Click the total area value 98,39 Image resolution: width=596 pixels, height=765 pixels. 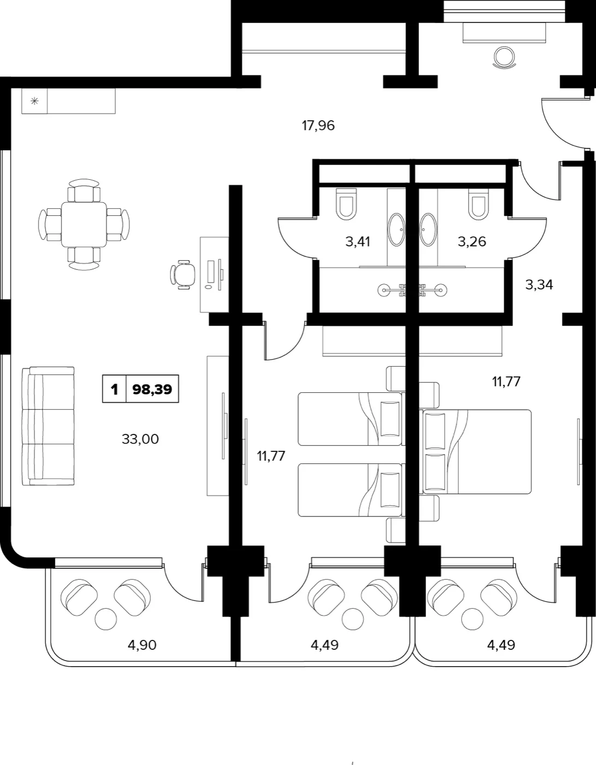152,390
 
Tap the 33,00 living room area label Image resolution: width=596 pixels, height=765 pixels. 140,439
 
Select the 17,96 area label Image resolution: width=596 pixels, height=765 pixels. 318,126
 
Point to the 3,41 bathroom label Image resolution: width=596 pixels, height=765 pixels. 357,242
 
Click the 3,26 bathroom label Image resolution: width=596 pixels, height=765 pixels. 472,242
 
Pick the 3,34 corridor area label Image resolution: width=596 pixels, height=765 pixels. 539,285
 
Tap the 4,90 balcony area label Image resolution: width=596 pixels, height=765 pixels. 142,645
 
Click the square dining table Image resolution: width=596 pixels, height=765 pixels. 84,225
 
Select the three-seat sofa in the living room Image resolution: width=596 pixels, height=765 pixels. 48,426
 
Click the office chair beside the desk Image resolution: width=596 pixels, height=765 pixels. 182,275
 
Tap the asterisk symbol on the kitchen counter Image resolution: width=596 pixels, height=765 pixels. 34,102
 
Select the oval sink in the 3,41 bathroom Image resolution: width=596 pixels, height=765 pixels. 396,229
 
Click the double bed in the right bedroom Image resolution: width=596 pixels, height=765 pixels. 477,451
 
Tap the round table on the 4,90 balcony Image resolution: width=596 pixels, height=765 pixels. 106,619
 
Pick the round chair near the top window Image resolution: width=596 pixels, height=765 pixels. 504,57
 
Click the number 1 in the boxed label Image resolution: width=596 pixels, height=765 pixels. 114,390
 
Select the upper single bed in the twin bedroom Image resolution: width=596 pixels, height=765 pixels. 350,419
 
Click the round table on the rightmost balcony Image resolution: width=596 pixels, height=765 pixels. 472,619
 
